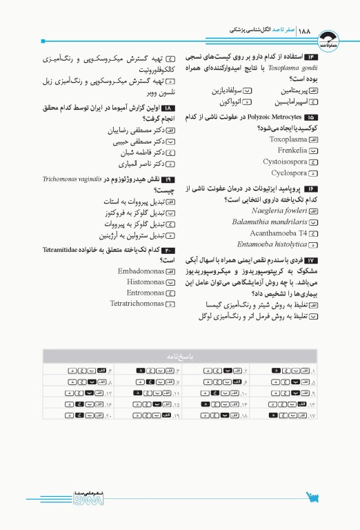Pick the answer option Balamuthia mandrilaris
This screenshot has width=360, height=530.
[x=269, y=222]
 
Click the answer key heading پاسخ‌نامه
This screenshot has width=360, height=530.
[x=180, y=357]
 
